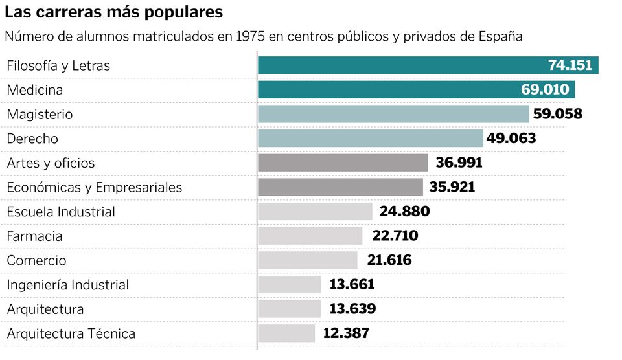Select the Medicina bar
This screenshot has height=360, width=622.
389,90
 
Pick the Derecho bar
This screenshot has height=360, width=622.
370,139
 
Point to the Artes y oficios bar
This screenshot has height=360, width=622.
343,163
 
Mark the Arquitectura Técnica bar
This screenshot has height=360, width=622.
286,333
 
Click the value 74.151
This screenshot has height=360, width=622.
570,65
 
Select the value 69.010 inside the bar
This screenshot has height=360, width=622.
545,90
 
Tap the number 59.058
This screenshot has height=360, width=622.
557,114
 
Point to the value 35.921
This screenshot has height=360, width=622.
452,187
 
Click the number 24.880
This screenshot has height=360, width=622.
404,212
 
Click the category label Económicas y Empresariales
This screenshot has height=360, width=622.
95,187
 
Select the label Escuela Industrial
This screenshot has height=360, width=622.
61,212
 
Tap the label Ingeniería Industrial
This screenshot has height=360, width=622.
68,285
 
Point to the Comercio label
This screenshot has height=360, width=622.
36,260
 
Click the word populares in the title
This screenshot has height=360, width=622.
183,12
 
